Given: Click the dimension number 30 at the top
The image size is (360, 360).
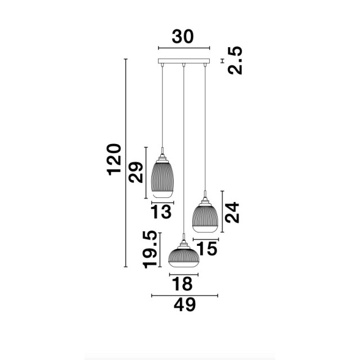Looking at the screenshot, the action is click(183, 37).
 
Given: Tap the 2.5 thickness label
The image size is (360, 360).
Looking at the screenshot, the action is click(235, 60).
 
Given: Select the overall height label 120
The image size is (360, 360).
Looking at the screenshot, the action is click(114, 160).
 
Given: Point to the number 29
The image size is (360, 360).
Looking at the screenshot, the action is click(136, 173).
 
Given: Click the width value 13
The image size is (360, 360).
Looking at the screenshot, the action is click(161, 211).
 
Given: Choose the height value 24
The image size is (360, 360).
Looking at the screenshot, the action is click(232, 213).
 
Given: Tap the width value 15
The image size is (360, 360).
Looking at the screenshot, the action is click(208, 249).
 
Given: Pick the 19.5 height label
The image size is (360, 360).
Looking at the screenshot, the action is click(150, 250).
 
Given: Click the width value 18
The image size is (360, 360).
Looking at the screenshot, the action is click(182, 284).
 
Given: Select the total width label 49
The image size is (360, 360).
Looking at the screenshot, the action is click(185, 305).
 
